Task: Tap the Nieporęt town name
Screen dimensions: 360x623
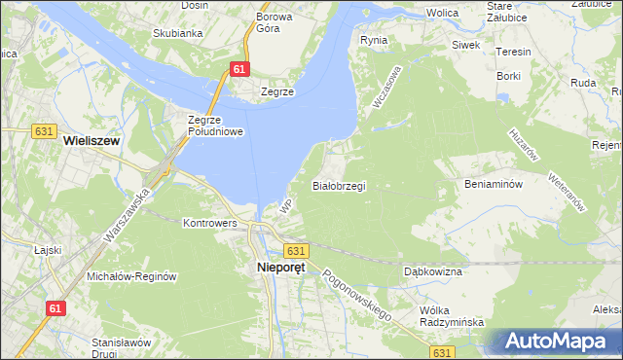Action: [280, 268]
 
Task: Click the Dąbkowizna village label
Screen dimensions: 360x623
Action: [432, 271]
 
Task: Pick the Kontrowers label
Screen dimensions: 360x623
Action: [210, 223]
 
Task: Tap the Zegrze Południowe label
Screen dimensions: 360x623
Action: [214, 126]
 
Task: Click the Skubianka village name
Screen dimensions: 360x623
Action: [177, 33]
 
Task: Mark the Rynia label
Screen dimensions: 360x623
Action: [373, 40]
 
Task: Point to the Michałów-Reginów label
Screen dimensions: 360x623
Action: [131, 276]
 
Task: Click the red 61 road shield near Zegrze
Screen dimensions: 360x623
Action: [240, 68]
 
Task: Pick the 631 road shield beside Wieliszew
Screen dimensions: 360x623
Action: [42, 129]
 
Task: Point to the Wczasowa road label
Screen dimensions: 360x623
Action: [386, 87]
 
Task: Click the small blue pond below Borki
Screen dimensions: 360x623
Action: [503, 97]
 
